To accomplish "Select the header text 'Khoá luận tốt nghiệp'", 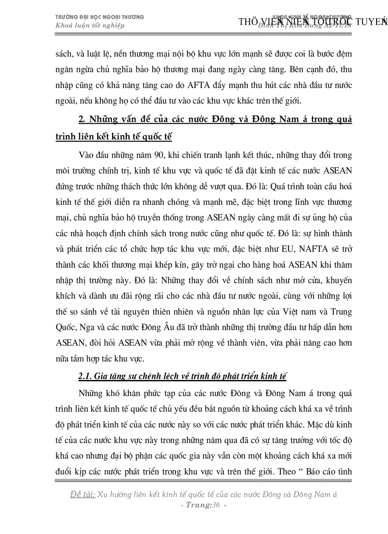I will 90,25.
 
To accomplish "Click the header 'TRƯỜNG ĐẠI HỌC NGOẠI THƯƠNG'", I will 99,17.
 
